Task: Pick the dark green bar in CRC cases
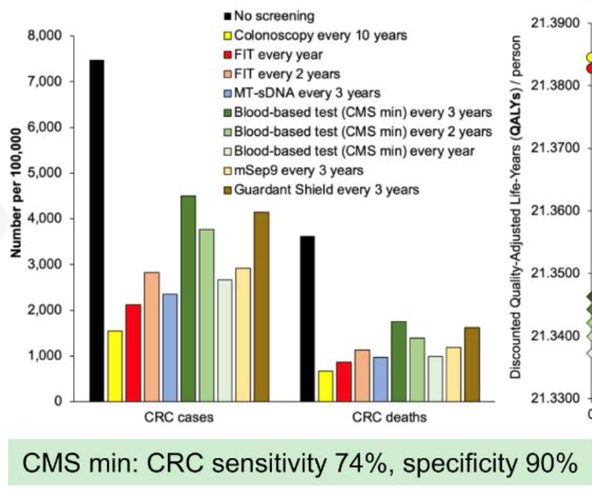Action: click(x=188, y=298)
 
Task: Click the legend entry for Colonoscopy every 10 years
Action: click(x=320, y=35)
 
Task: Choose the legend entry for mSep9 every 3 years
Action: click(x=299, y=170)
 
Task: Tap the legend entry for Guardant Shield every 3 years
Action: click(x=326, y=189)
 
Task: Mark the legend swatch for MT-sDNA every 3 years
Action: click(x=228, y=93)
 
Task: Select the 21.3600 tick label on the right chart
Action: click(x=555, y=211)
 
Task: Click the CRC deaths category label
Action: click(x=389, y=417)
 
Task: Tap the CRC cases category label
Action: click(x=179, y=417)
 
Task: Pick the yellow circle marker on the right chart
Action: click(x=589, y=57)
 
